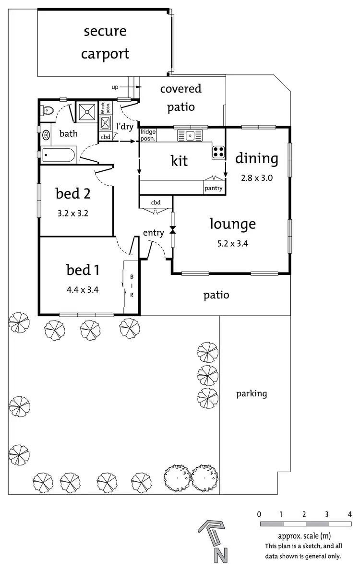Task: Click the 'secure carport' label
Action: pos(105,42)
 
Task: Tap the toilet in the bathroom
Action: pos(47,111)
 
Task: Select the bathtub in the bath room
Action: pos(58,155)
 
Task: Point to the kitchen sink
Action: pos(191,136)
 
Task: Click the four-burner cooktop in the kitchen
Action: pos(218,152)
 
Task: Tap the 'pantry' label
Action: pos(214,188)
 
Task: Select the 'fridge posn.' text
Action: pos(148,135)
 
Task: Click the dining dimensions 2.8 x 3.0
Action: pos(257,178)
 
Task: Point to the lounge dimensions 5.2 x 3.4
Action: pos(233,243)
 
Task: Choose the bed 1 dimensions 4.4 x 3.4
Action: pos(83,289)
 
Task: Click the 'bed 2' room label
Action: pos(73,194)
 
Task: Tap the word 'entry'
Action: pos(154,233)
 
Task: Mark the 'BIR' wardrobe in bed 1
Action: pos(132,286)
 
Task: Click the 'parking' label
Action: pos(252,394)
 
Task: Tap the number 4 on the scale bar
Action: pos(349,514)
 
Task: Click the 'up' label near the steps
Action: pos(115,87)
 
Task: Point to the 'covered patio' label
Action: pos(181,97)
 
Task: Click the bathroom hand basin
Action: pos(47,134)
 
